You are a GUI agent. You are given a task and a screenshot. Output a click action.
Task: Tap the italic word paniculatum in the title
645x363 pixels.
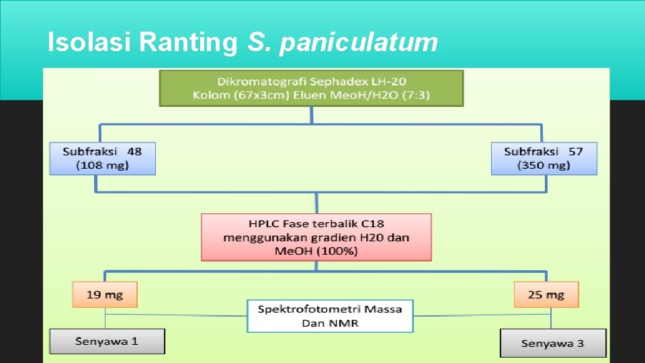click(x=358, y=43)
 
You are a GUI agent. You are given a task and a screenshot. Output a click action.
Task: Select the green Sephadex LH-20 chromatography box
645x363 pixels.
click(x=311, y=88)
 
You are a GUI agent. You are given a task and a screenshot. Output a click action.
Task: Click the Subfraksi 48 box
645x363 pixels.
click(x=102, y=158)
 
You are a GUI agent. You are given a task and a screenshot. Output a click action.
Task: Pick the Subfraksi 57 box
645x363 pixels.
click(x=544, y=158)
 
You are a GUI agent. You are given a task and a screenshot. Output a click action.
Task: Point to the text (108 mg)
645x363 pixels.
click(x=102, y=165)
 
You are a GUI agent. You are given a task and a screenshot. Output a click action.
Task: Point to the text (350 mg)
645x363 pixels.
click(x=544, y=165)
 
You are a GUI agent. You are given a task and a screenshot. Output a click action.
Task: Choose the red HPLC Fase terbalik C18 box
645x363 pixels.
click(x=316, y=237)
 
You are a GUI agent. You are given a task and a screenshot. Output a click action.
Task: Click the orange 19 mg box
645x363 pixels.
click(x=104, y=294)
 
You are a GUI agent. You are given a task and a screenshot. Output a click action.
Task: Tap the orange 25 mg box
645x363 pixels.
click(x=546, y=294)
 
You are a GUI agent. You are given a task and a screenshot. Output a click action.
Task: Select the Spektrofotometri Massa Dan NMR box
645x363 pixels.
click(x=330, y=316)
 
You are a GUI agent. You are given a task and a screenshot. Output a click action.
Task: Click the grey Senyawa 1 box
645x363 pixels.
click(x=107, y=341)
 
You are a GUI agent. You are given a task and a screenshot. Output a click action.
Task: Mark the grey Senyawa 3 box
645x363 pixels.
click(x=552, y=343)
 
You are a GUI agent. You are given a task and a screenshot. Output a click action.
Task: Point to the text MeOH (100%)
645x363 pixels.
click(x=316, y=251)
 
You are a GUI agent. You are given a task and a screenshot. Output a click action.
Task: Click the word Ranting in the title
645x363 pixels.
click(x=188, y=42)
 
